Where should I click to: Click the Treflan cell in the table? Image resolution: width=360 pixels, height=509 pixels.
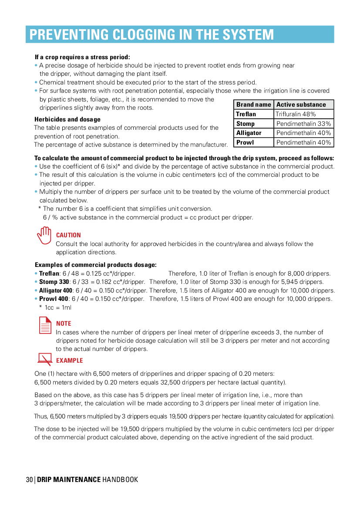click(x=254, y=114)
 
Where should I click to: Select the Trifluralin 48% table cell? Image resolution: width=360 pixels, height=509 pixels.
click(x=304, y=114)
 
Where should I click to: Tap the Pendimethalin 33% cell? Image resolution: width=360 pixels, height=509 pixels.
click(x=304, y=124)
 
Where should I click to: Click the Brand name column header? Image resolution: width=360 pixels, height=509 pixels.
click(x=254, y=104)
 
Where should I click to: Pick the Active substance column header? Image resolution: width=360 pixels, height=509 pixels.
click(x=304, y=104)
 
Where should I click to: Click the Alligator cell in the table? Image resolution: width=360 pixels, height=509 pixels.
click(x=254, y=133)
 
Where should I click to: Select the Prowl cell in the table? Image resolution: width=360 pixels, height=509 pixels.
click(x=254, y=142)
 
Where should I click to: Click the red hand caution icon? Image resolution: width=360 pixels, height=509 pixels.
click(x=44, y=236)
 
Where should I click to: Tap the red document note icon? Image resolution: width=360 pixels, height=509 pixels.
click(x=45, y=325)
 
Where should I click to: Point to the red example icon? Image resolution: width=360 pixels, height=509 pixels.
click(x=45, y=359)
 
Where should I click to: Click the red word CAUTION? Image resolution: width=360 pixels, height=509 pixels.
click(x=68, y=235)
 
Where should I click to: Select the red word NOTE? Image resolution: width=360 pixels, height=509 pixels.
click(x=64, y=324)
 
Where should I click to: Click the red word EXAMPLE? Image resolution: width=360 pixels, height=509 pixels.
click(x=70, y=361)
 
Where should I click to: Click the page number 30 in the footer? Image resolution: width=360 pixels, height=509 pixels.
click(x=29, y=480)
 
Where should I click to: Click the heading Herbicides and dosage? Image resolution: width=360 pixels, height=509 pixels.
click(x=67, y=119)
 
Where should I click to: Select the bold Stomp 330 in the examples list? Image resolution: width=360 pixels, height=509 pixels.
click(x=54, y=282)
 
